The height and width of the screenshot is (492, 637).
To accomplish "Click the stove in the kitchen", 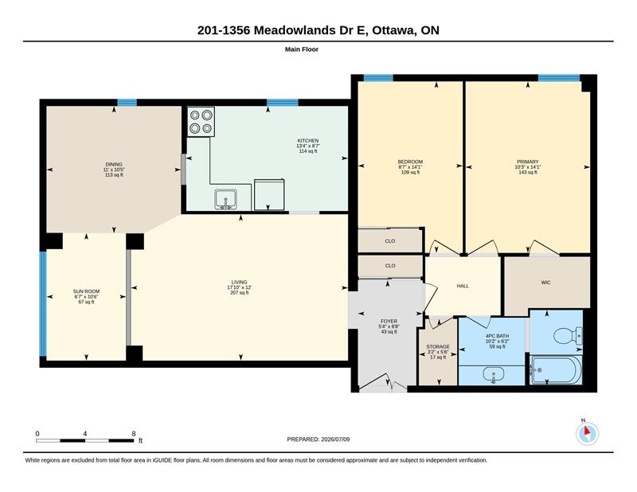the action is [x=201, y=122].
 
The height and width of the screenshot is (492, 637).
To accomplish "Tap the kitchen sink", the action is [x=226, y=200].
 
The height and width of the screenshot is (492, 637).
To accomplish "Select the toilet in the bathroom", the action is [x=568, y=336].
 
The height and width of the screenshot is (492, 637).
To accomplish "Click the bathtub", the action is [x=556, y=369].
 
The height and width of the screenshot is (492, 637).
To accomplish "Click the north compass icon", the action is [x=587, y=433].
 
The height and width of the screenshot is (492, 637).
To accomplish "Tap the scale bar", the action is [x=85, y=440].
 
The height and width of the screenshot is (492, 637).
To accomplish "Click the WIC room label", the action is [x=545, y=283].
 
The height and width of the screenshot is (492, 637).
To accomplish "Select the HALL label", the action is [x=463, y=286].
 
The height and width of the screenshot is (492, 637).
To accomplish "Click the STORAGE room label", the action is [x=438, y=346].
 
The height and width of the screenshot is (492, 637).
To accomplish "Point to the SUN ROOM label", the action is [x=86, y=291].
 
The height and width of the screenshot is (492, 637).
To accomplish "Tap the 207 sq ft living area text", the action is [x=240, y=292].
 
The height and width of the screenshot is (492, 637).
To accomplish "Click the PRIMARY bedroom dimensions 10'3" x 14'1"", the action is [x=528, y=167].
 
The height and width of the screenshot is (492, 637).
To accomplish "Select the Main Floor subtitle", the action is [x=302, y=49].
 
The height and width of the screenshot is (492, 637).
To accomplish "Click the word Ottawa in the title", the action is [x=393, y=30].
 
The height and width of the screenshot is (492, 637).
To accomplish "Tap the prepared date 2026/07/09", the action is [x=335, y=439].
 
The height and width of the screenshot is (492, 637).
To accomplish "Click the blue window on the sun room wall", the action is [x=43, y=304].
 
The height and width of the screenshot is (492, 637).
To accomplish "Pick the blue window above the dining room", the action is [x=127, y=103].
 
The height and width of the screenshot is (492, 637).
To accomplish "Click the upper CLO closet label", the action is [x=390, y=241].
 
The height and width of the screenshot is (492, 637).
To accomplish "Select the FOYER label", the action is [x=389, y=321].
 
